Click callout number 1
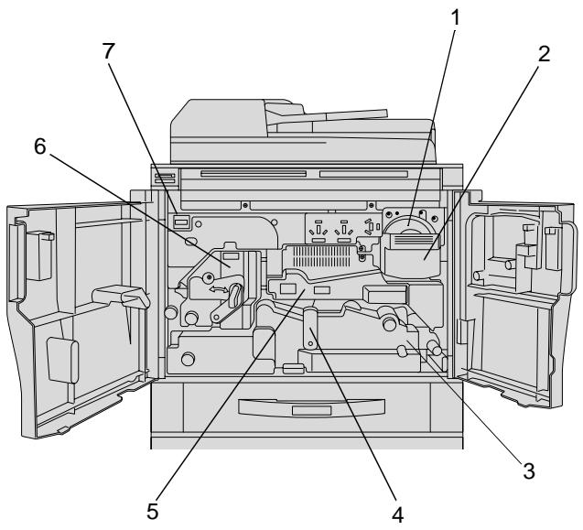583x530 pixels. pos(455,18)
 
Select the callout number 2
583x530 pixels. pos(544,54)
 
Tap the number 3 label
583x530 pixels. pos(529,471)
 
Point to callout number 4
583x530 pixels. pos(397,515)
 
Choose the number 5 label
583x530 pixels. pos(153,512)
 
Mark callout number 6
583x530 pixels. pos(39,146)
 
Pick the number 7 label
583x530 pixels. pos(108,51)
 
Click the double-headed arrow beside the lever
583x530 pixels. pos(218,289)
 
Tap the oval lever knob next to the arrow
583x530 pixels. pos(235,295)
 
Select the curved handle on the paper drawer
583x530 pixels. pos(311,407)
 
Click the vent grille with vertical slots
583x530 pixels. pos(321,256)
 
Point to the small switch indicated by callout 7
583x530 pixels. pos(181,222)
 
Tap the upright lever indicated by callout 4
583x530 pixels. pos(309,328)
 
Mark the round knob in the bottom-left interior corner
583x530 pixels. pos(188,359)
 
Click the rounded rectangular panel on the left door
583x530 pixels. pos(63,361)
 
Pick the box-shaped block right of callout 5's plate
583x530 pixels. pos(384,294)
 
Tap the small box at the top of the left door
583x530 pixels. pos(39,255)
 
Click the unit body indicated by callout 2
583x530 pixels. pos(412,262)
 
